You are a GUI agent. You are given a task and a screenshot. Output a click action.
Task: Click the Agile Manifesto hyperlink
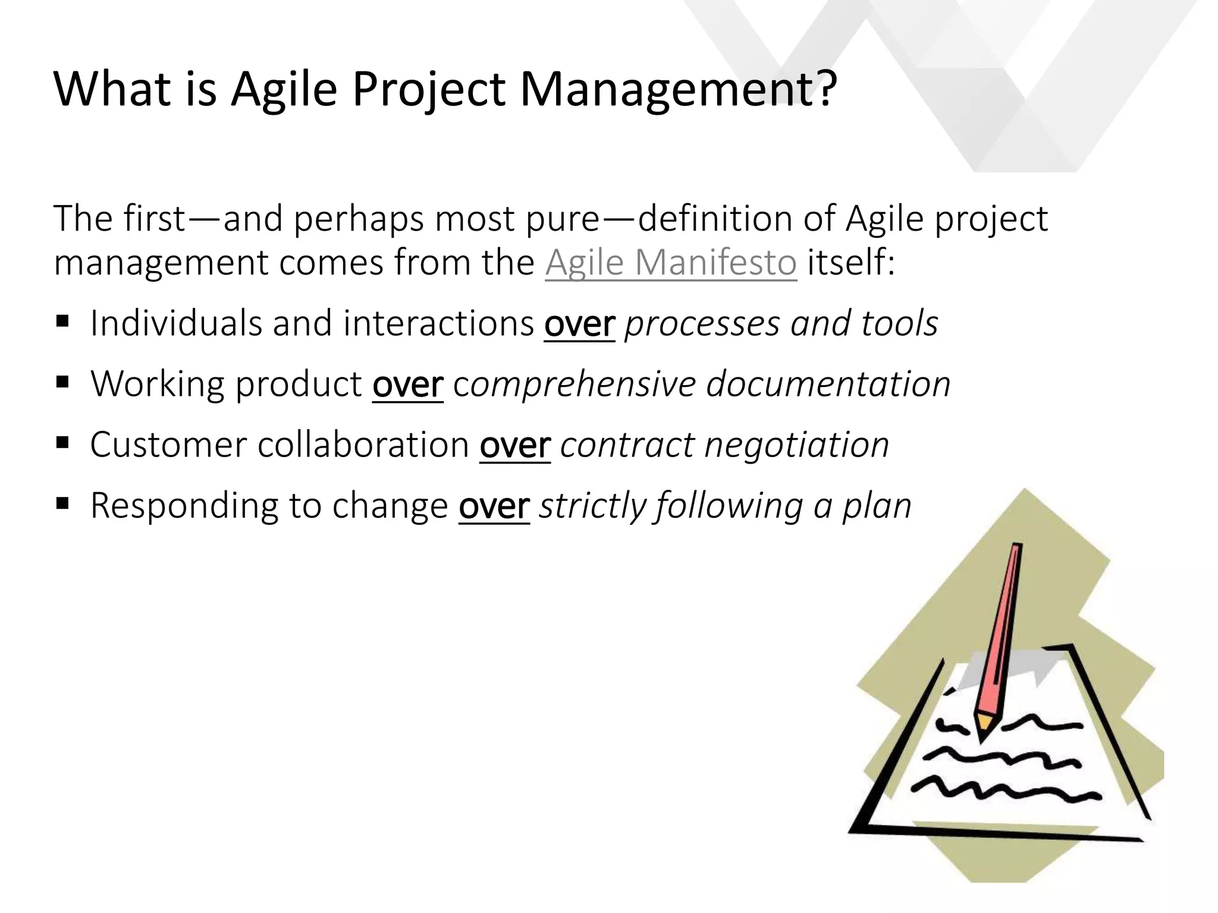(x=670, y=263)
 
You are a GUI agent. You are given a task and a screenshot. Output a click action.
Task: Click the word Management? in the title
(x=678, y=89)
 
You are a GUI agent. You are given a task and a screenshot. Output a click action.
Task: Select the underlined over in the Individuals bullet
(x=579, y=325)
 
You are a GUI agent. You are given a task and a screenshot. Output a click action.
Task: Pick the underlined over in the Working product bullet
(x=407, y=385)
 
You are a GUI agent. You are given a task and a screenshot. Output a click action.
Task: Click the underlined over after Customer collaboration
(x=514, y=446)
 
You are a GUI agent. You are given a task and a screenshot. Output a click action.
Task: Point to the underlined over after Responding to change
(x=494, y=507)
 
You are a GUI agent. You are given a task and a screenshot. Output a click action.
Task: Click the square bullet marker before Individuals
(x=62, y=322)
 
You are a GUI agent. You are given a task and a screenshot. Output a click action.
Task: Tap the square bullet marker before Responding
(x=62, y=503)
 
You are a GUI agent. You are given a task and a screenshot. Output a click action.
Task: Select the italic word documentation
(x=828, y=385)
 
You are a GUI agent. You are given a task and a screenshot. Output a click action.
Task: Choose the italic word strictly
(x=592, y=507)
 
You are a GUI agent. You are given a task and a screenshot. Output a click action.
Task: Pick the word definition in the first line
(x=714, y=219)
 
